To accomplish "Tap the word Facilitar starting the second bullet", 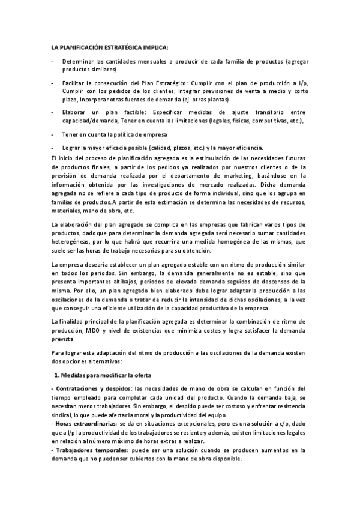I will click(75, 82).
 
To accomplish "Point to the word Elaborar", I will click(76, 112).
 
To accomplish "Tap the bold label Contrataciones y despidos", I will click(94, 388).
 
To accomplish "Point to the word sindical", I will click(62, 414).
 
